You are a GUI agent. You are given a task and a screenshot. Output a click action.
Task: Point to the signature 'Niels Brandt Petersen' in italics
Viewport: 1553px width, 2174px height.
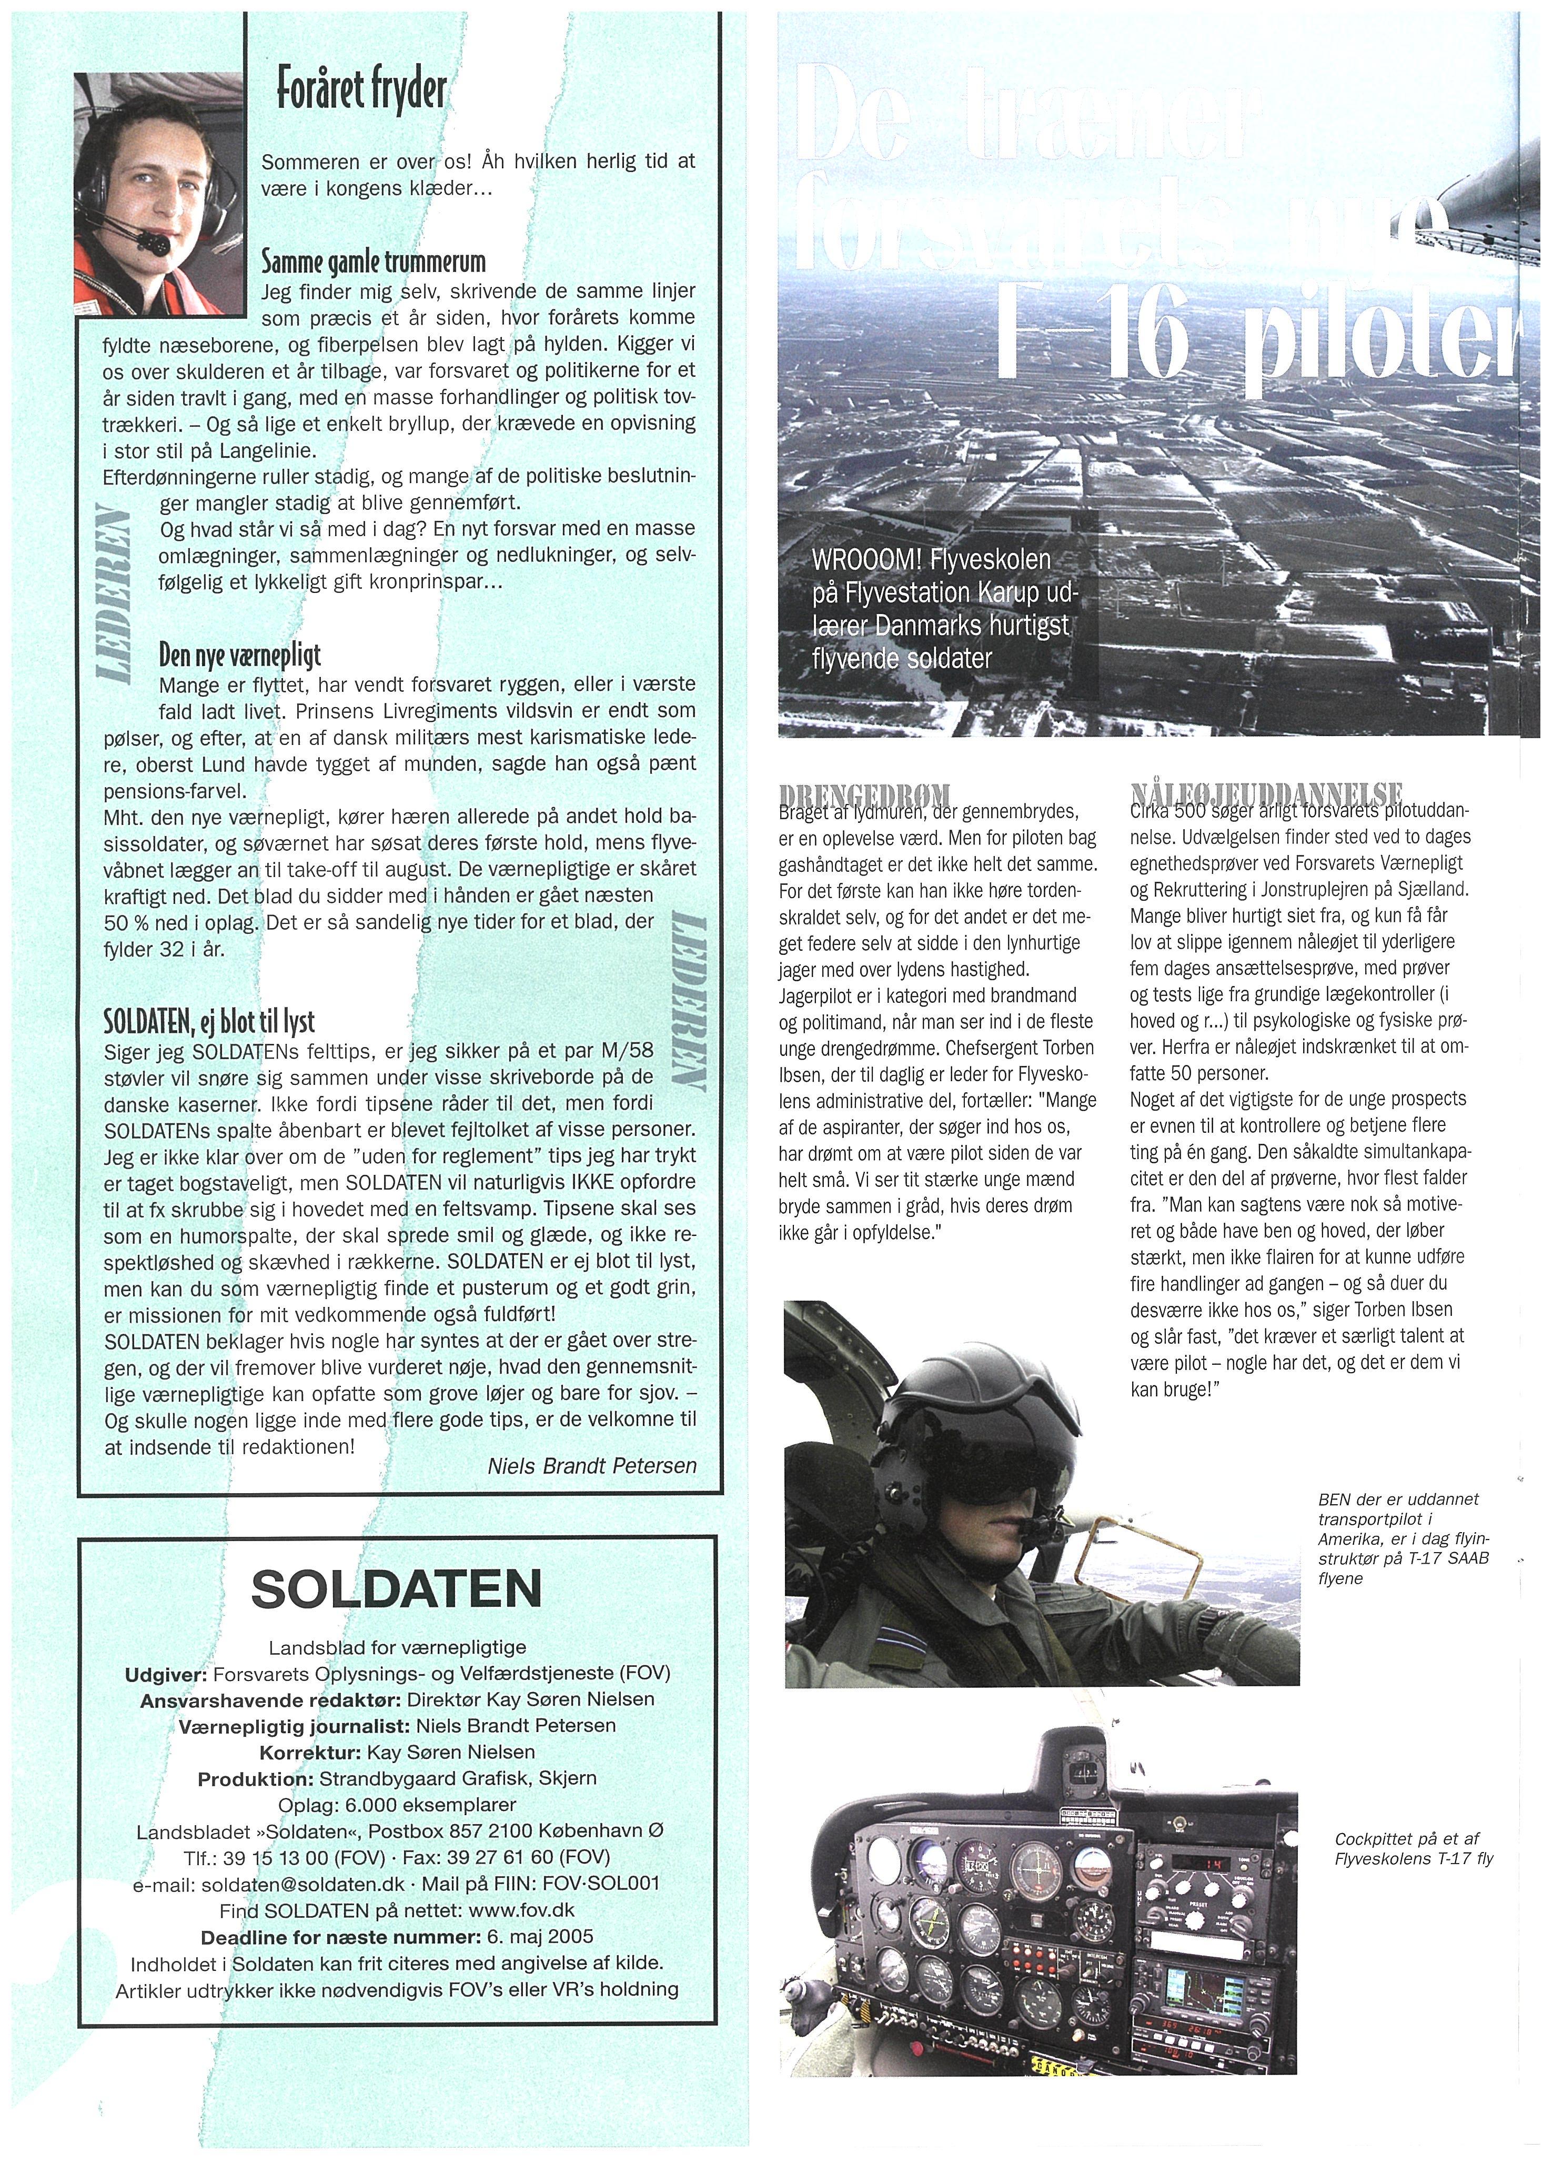tap(592, 1465)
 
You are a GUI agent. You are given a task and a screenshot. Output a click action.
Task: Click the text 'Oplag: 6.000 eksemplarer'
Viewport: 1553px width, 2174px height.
tap(397, 1805)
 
